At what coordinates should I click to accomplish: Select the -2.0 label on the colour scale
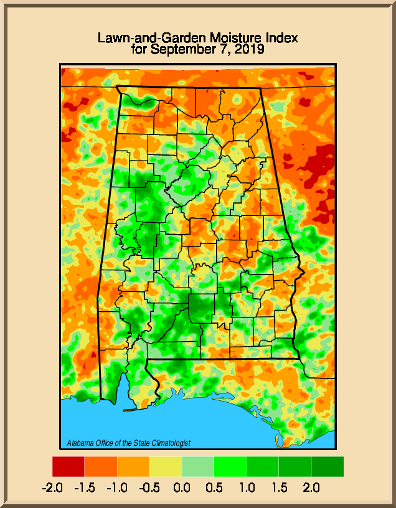pos(52,487)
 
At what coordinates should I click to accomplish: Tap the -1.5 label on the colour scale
pos(85,487)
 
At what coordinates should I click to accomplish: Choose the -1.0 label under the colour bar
pos(117,487)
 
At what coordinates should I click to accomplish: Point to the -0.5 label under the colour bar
pos(149,487)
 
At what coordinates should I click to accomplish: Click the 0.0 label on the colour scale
pos(182,487)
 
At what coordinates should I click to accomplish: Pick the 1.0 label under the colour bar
pos(247,487)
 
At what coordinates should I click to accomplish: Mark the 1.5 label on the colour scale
pos(279,487)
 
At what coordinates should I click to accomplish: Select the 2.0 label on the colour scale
pos(311,487)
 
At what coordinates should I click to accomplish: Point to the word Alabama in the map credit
pos(80,443)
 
